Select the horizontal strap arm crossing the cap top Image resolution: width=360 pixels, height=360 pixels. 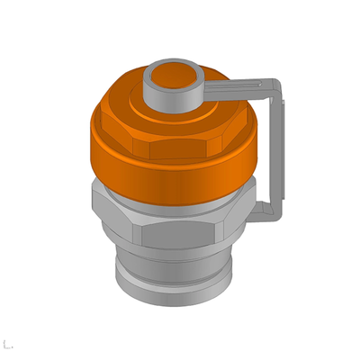click(x=234, y=87)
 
